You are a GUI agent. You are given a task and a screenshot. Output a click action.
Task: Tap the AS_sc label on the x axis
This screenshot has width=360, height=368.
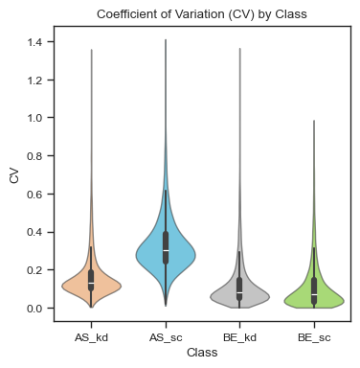pyautogui.click(x=166, y=337)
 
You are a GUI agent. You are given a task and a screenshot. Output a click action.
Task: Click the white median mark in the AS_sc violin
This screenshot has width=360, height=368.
pyautogui.click(x=166, y=250)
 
